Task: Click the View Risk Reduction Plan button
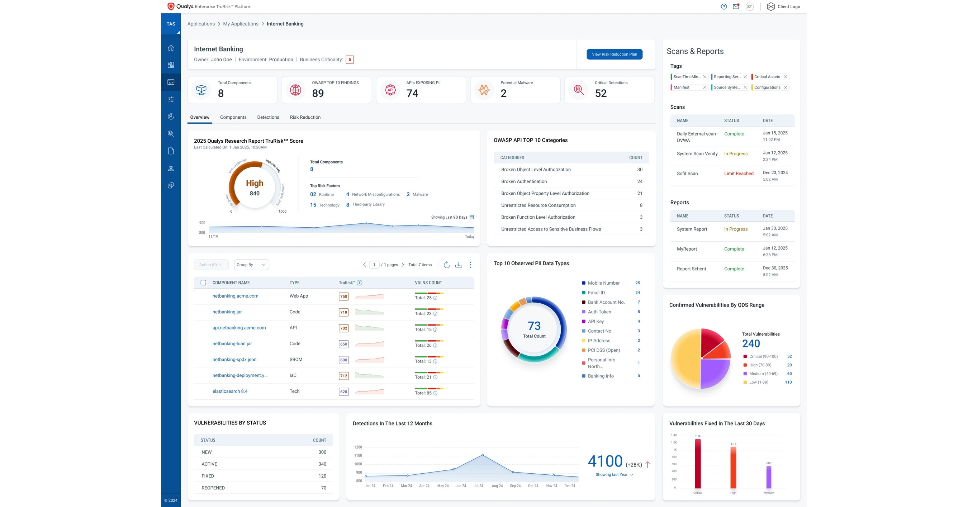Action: point(614,54)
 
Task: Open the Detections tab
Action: point(268,117)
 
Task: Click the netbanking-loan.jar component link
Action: point(232,343)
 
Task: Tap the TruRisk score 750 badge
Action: point(343,297)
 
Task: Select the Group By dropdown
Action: point(251,265)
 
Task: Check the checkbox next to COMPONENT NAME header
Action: point(203,283)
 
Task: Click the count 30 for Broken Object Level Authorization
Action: point(640,170)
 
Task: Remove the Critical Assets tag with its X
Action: point(785,77)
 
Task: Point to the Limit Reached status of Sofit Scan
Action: point(739,173)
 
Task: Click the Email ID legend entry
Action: point(596,292)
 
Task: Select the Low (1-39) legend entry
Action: point(758,382)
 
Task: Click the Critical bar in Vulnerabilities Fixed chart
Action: point(697,464)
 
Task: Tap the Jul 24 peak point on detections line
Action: point(483,455)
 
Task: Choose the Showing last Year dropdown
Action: point(614,475)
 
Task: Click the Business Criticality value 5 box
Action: point(350,60)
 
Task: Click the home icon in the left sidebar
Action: point(171,48)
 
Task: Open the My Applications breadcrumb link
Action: point(241,24)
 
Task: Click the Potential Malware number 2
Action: point(503,93)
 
